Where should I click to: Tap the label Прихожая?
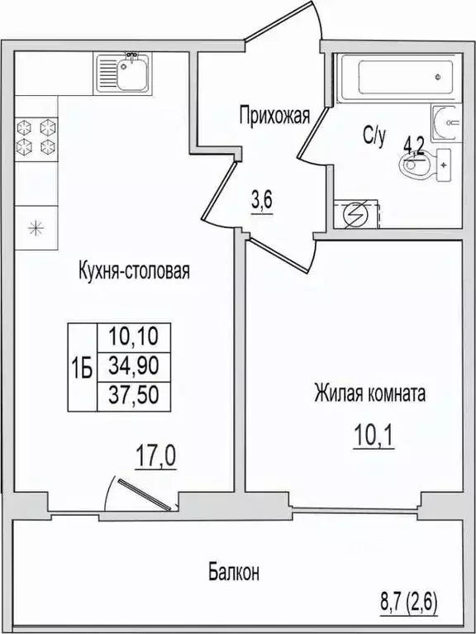coord(274,116)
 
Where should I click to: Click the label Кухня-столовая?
coord(134,271)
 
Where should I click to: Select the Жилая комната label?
coord(370,393)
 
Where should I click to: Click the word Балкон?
coord(234,573)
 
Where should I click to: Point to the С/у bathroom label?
coord(374,136)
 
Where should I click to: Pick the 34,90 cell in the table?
coord(134,366)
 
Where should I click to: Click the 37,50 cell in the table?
coord(134,395)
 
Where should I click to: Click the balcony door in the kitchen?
coord(145,493)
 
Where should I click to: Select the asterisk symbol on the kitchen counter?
coord(36,228)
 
